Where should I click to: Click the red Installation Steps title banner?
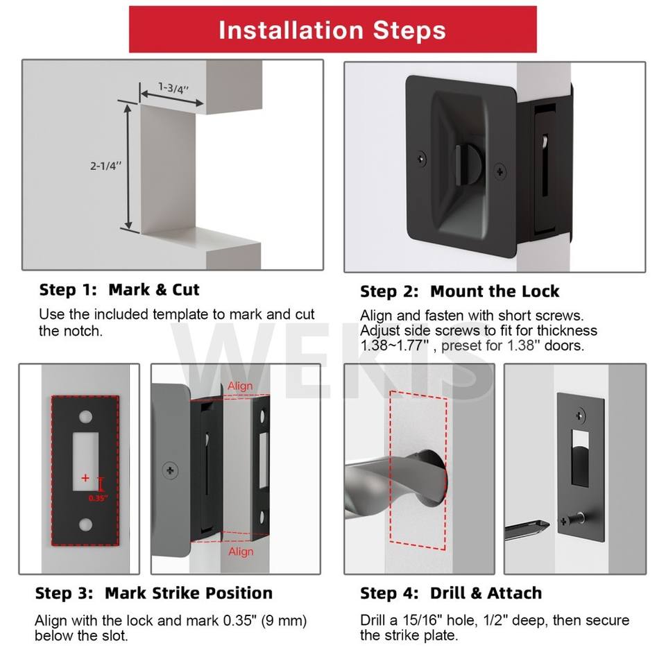click(x=332, y=29)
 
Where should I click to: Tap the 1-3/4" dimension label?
click(x=173, y=88)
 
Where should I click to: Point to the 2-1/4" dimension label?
click(x=105, y=166)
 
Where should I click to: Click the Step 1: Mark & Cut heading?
click(x=119, y=290)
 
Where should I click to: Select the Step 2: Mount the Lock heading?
click(x=459, y=291)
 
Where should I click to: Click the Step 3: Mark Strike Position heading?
click(x=154, y=593)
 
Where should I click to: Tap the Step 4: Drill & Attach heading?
click(x=451, y=593)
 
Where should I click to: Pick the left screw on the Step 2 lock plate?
click(x=421, y=159)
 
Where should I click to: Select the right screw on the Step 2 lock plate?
click(x=500, y=171)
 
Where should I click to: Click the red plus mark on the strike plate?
click(x=85, y=478)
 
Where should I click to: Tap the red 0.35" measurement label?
click(x=98, y=498)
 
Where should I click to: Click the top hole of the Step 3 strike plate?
click(x=85, y=416)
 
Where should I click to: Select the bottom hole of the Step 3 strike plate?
click(x=85, y=525)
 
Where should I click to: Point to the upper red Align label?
click(x=240, y=386)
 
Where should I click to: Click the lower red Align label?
click(x=241, y=552)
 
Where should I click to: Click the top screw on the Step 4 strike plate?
click(x=580, y=416)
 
